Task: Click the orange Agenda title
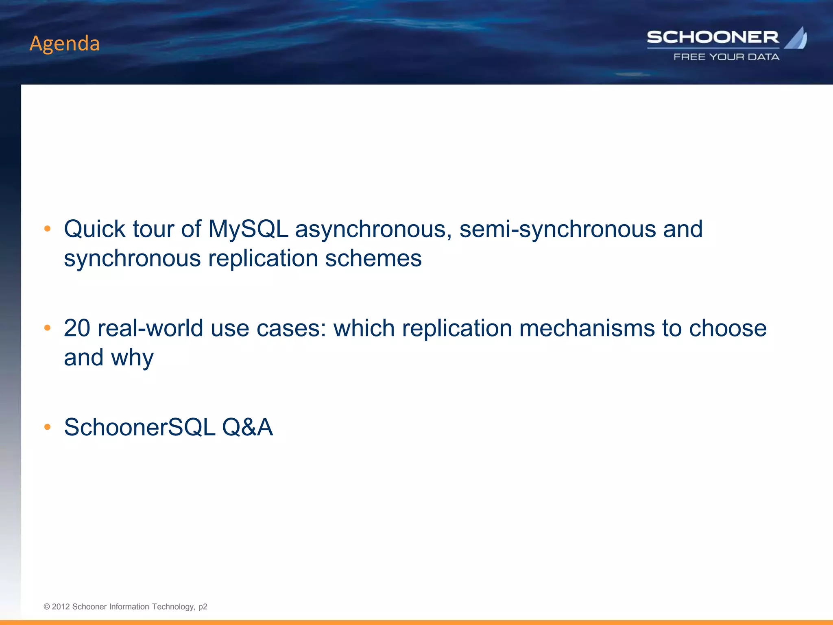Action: coord(65,43)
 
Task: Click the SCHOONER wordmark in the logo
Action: coord(713,37)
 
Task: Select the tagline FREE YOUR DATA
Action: coord(726,57)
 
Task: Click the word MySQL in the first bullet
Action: coord(248,229)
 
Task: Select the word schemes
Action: coord(373,258)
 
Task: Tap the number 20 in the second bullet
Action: coord(77,328)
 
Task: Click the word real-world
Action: coord(150,328)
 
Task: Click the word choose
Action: coord(728,328)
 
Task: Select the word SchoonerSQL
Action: coord(140,427)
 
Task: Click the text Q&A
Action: coord(247,427)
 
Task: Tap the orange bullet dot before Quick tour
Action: coord(47,229)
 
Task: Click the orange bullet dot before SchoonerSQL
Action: coord(47,427)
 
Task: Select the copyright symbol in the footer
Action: coord(47,607)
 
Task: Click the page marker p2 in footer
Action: coord(203,607)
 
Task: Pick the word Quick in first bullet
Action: coord(94,229)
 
